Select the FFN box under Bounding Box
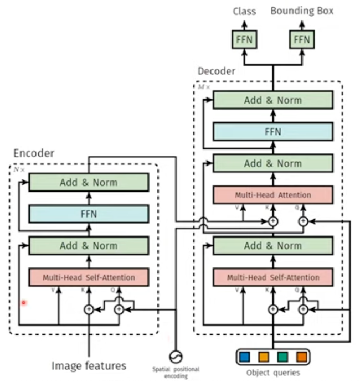(x=302, y=39)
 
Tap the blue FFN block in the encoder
(x=89, y=214)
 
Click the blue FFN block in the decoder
(x=273, y=131)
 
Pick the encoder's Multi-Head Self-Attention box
(x=89, y=277)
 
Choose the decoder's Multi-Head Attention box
(x=273, y=195)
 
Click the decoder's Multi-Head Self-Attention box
(x=273, y=277)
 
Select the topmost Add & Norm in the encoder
(x=89, y=182)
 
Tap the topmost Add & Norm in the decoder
(x=273, y=100)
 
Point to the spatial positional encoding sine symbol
(x=176, y=356)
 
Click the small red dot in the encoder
(x=24, y=303)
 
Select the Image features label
(x=89, y=365)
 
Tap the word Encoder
(x=34, y=153)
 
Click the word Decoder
(x=216, y=71)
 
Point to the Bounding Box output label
(x=302, y=11)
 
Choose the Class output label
(x=244, y=11)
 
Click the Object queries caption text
(x=273, y=372)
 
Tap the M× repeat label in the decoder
(x=204, y=87)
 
